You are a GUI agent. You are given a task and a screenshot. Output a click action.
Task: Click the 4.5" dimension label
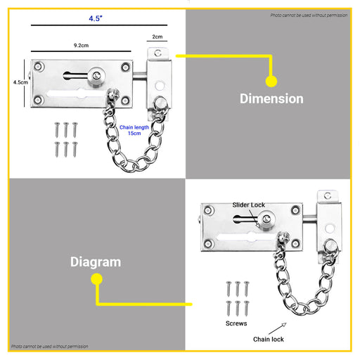95,19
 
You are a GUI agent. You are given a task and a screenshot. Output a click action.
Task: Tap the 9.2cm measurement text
81,45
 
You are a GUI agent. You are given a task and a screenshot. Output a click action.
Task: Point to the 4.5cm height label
21,82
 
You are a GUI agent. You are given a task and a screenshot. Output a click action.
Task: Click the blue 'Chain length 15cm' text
134,130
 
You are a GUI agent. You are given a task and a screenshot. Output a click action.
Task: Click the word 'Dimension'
271,98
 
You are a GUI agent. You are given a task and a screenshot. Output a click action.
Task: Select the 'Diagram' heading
96,262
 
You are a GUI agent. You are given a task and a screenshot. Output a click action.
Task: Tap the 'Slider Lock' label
249,205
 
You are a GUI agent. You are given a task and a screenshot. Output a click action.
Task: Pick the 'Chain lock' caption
269,340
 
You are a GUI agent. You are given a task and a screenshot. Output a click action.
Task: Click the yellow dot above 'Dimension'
271,81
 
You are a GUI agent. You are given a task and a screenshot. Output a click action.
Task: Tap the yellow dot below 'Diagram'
96,280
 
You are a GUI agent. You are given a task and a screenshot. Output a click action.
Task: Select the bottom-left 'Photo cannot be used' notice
49,347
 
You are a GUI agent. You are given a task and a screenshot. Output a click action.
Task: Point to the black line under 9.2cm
81,51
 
